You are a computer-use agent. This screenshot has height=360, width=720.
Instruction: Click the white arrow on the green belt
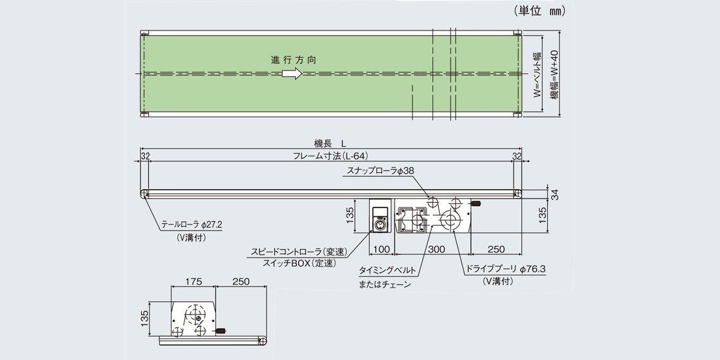pyautogui.click(x=292, y=73)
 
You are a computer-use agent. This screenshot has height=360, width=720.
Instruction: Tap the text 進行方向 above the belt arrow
pyautogui.click(x=293, y=60)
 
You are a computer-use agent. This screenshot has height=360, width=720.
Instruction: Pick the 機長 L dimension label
pyautogui.click(x=331, y=143)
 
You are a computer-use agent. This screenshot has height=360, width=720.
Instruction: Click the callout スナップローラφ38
pyautogui.click(x=380, y=171)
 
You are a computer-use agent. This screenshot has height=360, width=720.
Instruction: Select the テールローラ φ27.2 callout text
pyautogui.click(x=192, y=225)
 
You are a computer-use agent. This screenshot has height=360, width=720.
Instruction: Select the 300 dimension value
pyautogui.click(x=436, y=248)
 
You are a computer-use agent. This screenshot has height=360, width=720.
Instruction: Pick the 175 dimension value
pyautogui.click(x=193, y=280)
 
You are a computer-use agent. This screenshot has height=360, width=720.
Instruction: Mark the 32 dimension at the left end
pyautogui.click(x=145, y=156)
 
